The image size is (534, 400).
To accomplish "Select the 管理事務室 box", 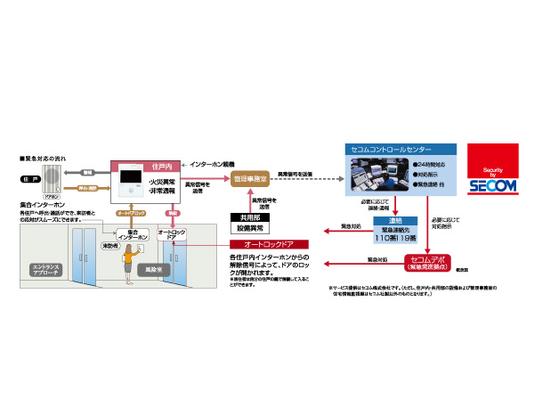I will pos(250,179).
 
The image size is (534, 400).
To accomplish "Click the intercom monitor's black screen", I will pos(129,187).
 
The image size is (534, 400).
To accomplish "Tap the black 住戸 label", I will pos(29,180).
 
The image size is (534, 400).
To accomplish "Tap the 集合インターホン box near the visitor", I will pos(130,233).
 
